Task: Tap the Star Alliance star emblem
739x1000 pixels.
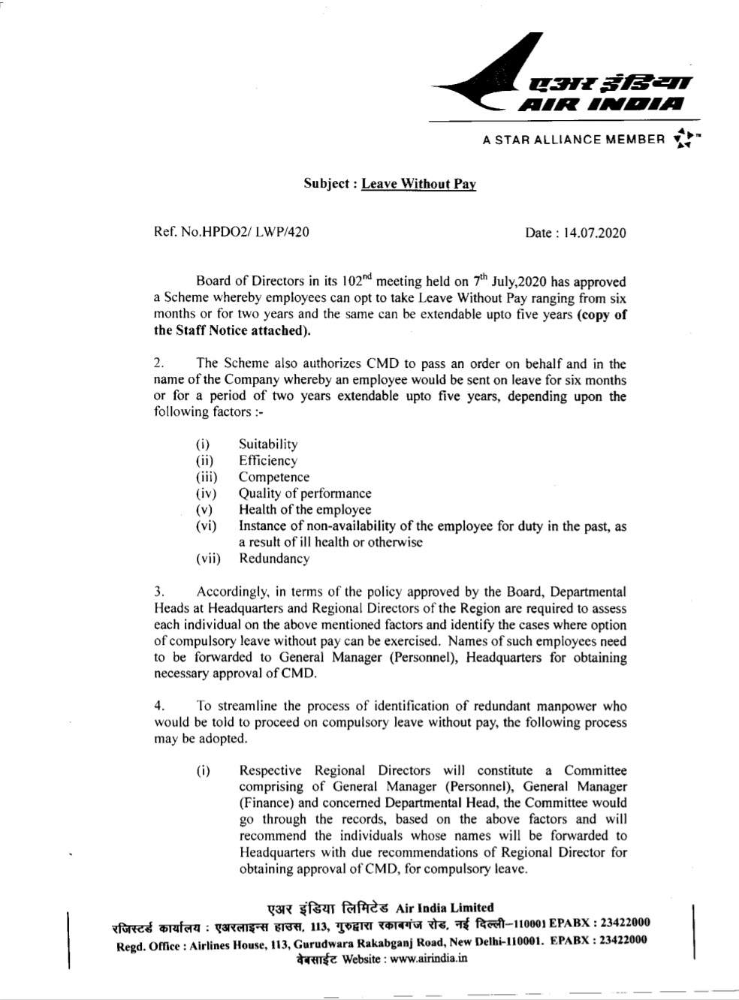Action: click(x=683, y=139)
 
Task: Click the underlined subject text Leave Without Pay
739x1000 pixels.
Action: click(x=418, y=184)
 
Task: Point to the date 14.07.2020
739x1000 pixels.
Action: click(x=597, y=233)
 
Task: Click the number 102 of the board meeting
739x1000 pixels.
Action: click(x=351, y=282)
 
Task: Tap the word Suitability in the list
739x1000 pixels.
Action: click(x=268, y=444)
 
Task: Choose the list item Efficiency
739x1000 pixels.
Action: click(x=267, y=461)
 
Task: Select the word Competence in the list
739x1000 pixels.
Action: click(x=273, y=477)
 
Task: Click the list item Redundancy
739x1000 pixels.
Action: click(x=273, y=559)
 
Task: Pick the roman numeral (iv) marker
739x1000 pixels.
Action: click(x=206, y=494)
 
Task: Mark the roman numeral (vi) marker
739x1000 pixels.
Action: click(x=206, y=526)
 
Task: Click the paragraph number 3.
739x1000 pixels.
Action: click(x=158, y=592)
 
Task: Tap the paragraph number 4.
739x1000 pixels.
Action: click(x=158, y=706)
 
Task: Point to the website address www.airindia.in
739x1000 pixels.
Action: click(x=430, y=959)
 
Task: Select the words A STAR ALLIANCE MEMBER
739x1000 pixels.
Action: click(x=574, y=140)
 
